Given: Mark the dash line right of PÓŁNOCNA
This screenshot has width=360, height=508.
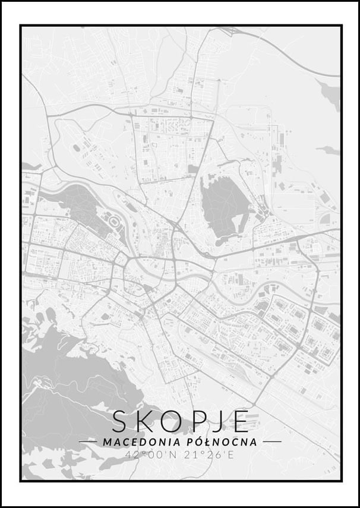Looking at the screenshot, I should pyautogui.click(x=271, y=442).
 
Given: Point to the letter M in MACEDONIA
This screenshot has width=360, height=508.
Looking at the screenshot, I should pyautogui.click(x=107, y=442).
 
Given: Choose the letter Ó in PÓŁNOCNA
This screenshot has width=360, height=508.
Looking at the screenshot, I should pyautogui.click(x=196, y=442).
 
